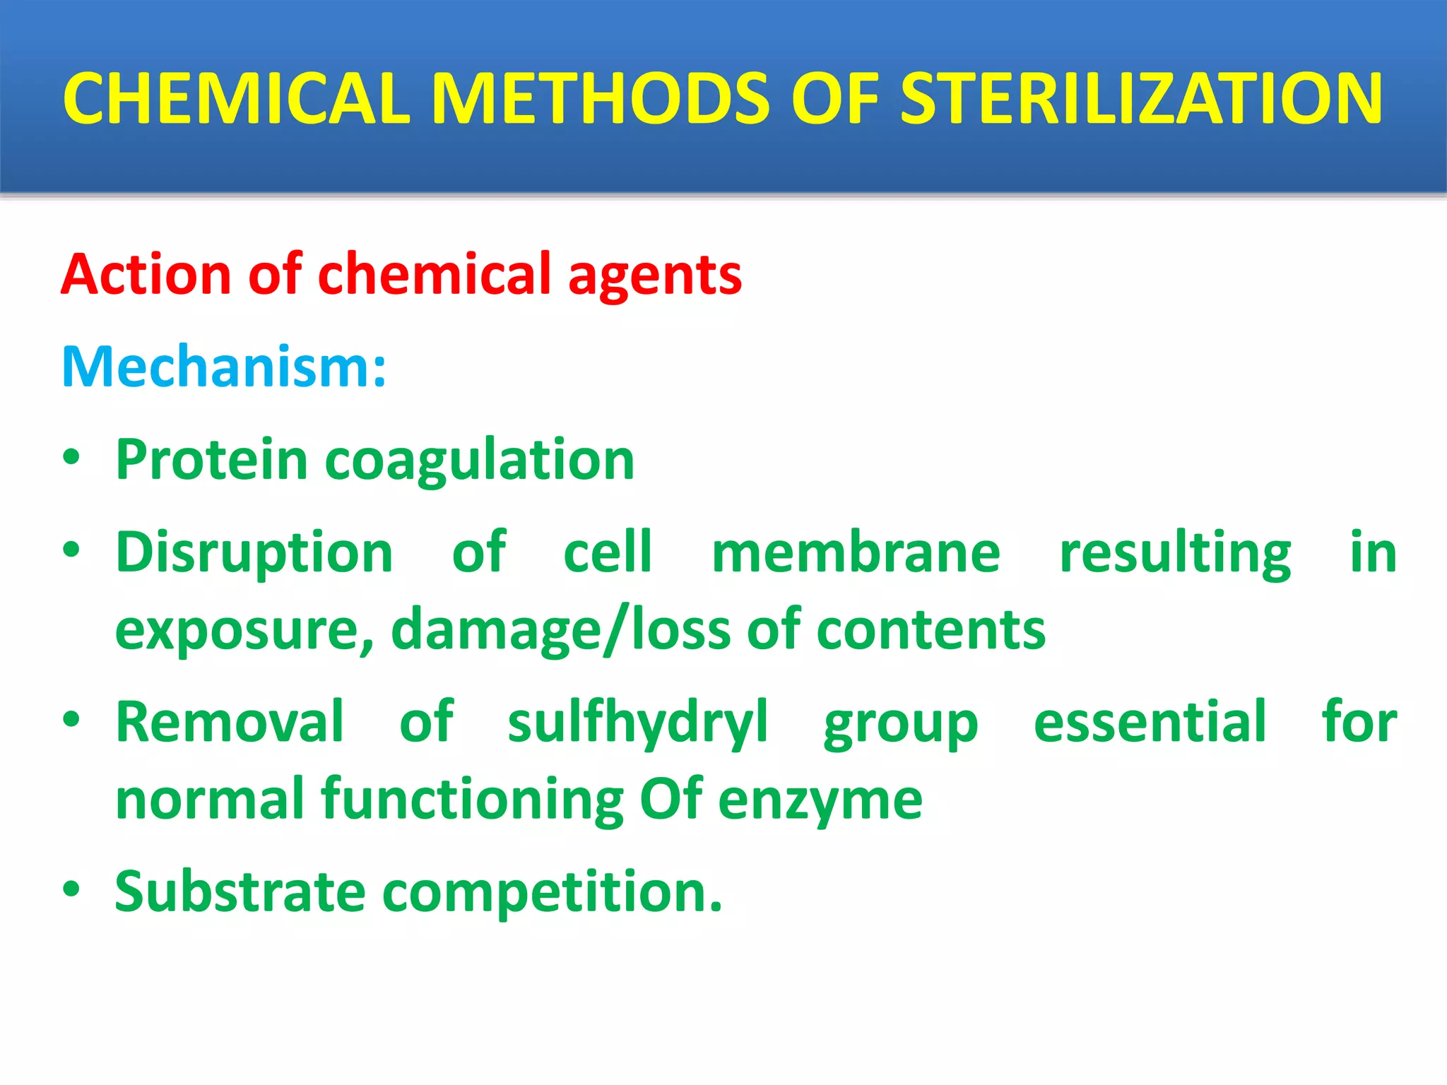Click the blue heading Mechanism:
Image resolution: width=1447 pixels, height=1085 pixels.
[224, 367]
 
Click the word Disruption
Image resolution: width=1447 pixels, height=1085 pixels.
[254, 553]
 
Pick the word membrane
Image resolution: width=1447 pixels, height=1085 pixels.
[856, 552]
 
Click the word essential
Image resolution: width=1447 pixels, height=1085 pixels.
[1150, 722]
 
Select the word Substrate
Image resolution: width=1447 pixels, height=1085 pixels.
[240, 892]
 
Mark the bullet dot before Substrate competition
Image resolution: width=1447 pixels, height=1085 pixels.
[71, 889]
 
